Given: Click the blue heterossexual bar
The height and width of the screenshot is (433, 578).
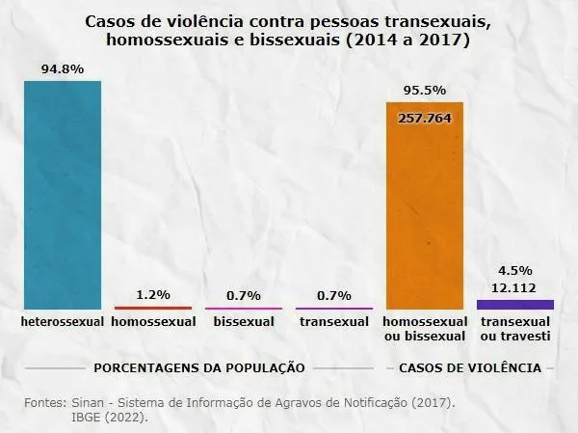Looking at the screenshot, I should [63, 193].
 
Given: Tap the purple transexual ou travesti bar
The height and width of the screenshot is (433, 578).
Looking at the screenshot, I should [515, 304].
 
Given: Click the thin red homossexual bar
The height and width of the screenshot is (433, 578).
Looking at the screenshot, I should [153, 308].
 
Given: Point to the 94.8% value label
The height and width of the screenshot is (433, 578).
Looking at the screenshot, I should [62, 70].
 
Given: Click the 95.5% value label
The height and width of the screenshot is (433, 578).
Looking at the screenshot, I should [425, 91].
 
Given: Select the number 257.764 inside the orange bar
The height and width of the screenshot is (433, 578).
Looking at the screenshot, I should [425, 117].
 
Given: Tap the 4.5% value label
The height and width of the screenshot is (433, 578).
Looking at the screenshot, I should [515, 271].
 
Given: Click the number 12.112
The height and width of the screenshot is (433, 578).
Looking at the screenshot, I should [515, 287].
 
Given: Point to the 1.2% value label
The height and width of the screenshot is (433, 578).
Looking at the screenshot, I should [153, 294].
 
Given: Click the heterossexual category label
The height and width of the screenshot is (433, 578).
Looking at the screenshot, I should [62, 321].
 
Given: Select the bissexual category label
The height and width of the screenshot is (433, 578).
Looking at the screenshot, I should [243, 321].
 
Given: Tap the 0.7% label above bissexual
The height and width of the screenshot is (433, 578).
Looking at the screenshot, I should [243, 295].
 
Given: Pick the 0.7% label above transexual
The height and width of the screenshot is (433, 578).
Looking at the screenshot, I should [333, 295].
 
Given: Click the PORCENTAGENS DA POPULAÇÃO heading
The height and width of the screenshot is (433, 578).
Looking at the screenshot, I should [199, 367].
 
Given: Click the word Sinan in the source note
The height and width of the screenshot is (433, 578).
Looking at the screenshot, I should [90, 401].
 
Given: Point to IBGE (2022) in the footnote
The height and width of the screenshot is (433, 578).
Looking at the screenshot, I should [111, 418].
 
